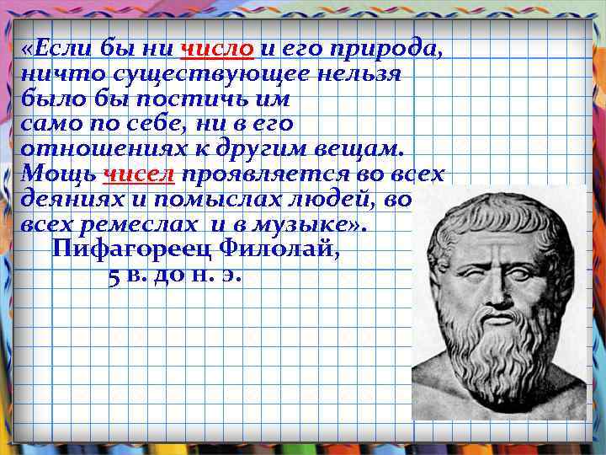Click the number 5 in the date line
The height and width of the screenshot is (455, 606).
[114, 276]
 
